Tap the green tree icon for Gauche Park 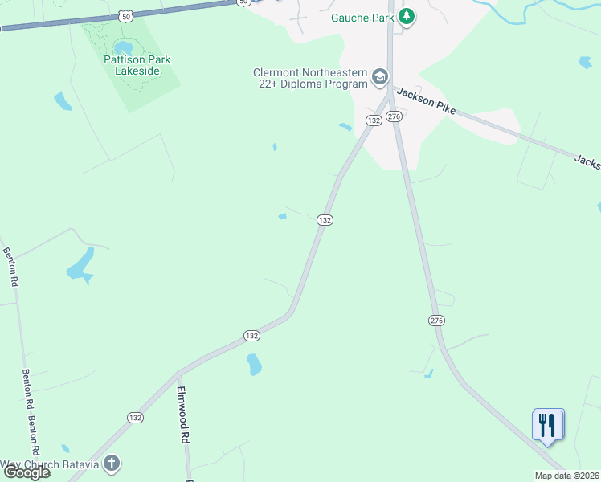point(407,16)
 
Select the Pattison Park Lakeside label point(137,65)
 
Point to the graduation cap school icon point(380,78)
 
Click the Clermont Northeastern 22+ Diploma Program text point(310,79)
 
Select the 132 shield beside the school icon point(374,120)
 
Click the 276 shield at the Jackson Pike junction point(393,117)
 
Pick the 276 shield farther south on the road point(436,321)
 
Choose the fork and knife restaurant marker point(547,425)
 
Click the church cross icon point(112,464)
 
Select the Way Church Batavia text point(50,464)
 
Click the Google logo point(27,472)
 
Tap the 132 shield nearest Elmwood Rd point(135,418)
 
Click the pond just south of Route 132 point(254,365)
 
